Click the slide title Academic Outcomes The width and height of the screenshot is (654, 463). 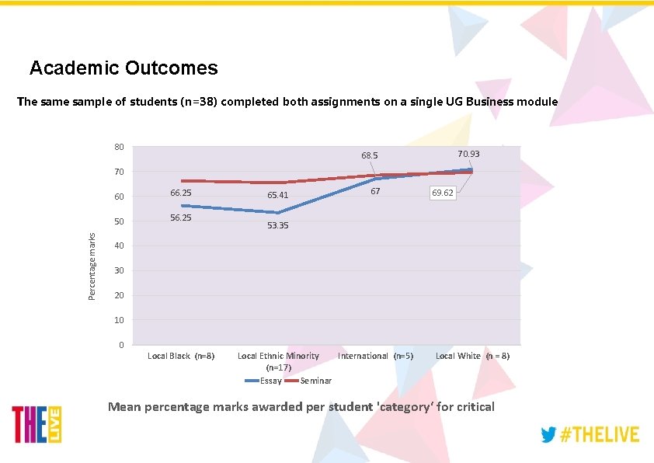pos(123,68)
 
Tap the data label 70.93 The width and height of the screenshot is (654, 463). pos(468,155)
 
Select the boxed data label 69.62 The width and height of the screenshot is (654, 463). pos(443,193)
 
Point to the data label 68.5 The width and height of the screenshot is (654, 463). pos(369,155)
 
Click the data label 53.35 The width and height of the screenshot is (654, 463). pos(278,225)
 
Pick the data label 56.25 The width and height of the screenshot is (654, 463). pos(180,218)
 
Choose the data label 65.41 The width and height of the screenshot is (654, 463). pos(278,195)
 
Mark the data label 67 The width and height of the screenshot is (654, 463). pos(374,191)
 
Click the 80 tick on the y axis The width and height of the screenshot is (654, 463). pos(119,146)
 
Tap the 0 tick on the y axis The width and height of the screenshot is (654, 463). pos(121,345)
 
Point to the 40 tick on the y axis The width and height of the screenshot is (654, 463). pos(119,246)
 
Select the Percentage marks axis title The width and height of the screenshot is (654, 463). pos(92,256)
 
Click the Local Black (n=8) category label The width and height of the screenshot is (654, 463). pos(181,356)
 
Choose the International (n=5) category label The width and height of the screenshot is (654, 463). pos(376,356)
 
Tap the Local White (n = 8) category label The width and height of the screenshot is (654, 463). pos(472,356)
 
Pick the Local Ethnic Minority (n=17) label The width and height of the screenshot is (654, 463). pos(278,361)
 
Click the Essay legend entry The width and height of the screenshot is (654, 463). pos(263,381)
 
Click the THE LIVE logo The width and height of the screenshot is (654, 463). pos(37,425)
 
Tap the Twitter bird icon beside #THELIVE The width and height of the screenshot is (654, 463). pos(549,434)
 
